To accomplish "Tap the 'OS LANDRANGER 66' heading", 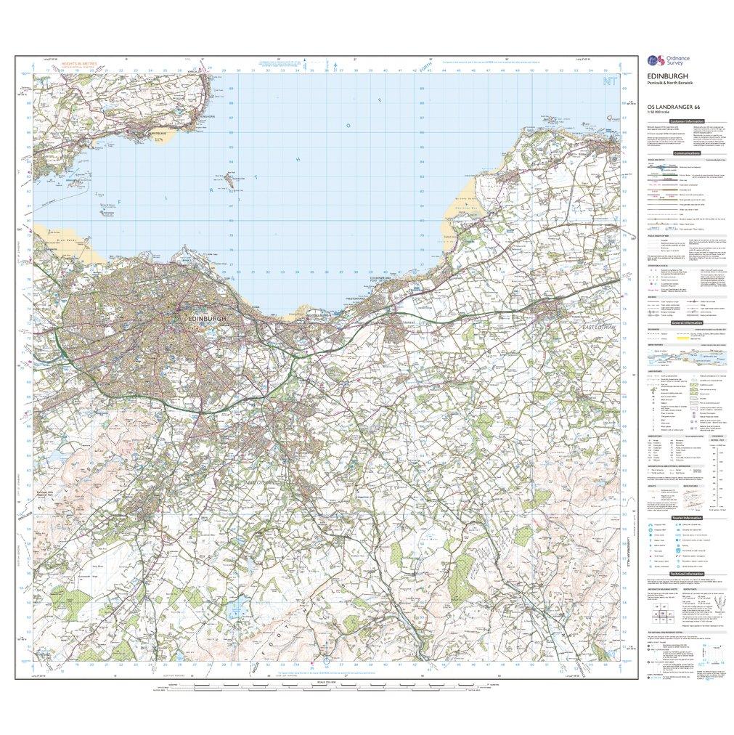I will point(664,107).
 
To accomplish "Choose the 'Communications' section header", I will point(687,154).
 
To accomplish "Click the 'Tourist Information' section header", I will point(686,518).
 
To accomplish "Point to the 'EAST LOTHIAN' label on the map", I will point(599,328).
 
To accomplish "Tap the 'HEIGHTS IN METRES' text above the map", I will point(80,65).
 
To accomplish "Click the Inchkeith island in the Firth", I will point(229,176).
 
